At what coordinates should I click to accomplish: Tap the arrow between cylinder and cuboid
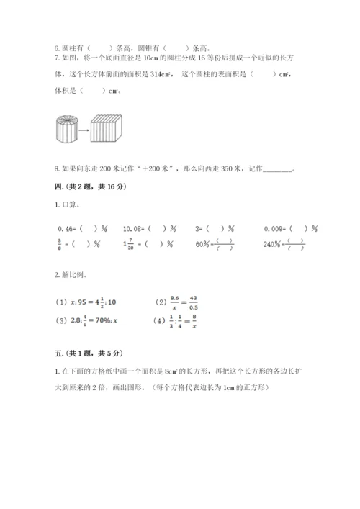tap(84, 132)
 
